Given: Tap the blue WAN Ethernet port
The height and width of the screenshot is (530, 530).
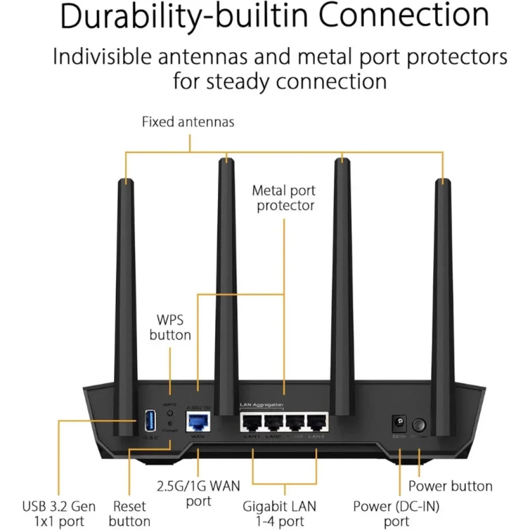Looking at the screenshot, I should pyautogui.click(x=197, y=422).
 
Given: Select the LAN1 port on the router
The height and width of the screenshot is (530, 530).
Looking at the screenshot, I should pyautogui.click(x=252, y=424).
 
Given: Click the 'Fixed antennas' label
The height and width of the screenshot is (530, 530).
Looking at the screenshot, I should pyautogui.click(x=188, y=122).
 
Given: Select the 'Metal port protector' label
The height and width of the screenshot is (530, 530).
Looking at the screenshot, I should pyautogui.click(x=284, y=198).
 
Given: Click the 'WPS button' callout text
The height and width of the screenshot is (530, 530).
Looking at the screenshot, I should pyautogui.click(x=170, y=328).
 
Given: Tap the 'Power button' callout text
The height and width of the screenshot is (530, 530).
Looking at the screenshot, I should pyautogui.click(x=450, y=486).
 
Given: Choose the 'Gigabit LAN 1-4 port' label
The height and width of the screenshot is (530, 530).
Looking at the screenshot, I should pyautogui.click(x=279, y=513).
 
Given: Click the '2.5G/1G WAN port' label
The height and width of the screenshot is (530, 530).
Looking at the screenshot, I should pyautogui.click(x=199, y=493).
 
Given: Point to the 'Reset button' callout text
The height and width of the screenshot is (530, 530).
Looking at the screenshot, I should pyautogui.click(x=129, y=513).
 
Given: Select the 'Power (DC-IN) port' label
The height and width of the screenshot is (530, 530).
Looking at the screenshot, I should pyautogui.click(x=396, y=513).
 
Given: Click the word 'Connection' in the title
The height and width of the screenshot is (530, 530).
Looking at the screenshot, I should pyautogui.click(x=403, y=16).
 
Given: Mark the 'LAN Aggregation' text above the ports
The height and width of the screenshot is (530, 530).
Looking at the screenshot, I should pyautogui.click(x=261, y=404).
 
